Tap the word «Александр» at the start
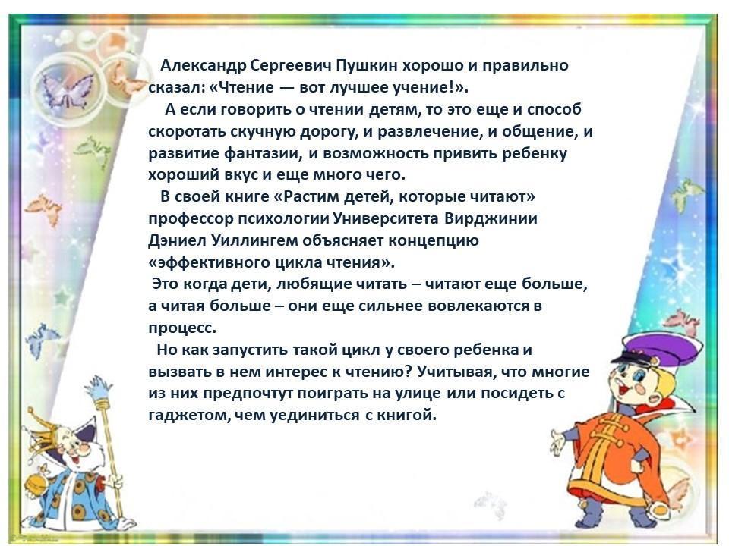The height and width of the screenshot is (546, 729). [204, 66]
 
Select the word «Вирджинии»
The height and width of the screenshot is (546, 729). [491, 218]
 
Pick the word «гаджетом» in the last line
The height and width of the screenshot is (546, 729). [189, 415]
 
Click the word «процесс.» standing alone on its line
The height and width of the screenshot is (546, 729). [182, 328]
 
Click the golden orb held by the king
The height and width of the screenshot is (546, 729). [38, 483]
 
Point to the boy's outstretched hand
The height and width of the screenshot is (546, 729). [558, 442]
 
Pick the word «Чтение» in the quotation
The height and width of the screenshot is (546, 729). [245, 88]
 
